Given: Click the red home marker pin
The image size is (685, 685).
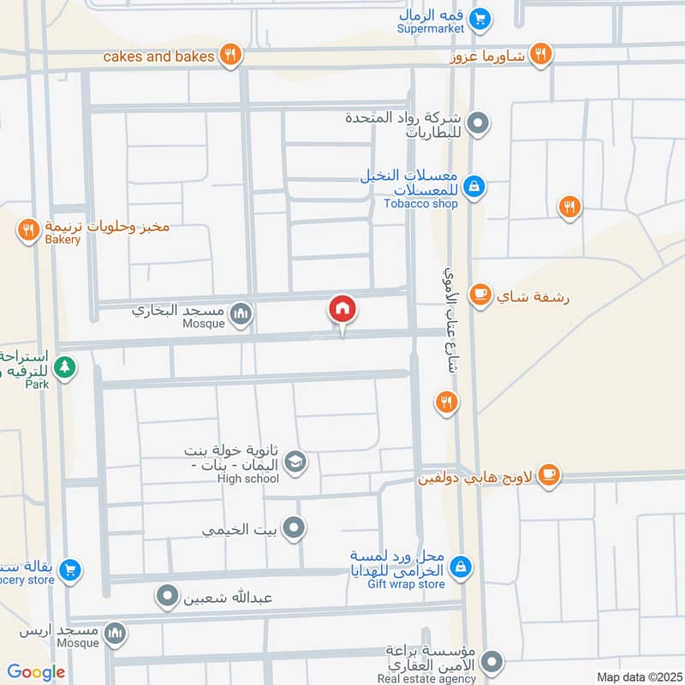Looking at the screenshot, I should coord(342,308).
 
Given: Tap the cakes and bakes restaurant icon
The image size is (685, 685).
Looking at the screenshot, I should coord(229,56).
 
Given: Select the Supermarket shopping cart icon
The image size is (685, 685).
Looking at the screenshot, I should coord(481,16).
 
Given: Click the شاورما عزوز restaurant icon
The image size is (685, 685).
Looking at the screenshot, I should coord(539,55).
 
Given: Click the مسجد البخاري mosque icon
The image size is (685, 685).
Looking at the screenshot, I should coord(241,314).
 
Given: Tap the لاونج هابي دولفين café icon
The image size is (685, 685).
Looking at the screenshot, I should coord(549,475).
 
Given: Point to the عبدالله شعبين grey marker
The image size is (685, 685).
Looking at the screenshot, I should coord(169,595).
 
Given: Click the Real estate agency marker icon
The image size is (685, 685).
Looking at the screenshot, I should coord(491,661).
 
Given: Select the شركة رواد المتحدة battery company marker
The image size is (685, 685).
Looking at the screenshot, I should coord(480,124).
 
